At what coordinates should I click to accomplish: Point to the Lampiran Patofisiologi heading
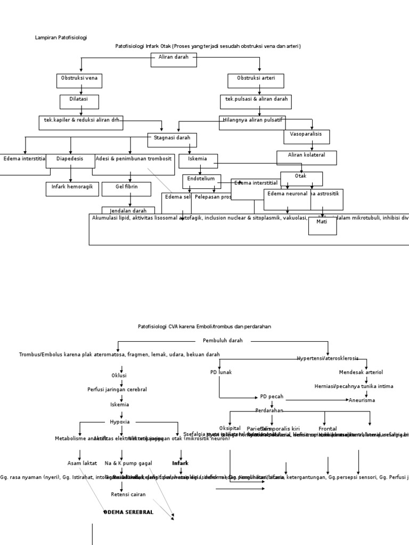point(61,38)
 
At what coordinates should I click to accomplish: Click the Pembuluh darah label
point(223,341)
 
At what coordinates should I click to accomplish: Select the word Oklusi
point(119,376)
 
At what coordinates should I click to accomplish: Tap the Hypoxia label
point(120,422)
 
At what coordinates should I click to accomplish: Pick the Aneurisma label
point(362,400)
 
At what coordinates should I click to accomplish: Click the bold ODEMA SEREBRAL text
point(129,513)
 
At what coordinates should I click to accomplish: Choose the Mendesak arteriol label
point(361,373)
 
